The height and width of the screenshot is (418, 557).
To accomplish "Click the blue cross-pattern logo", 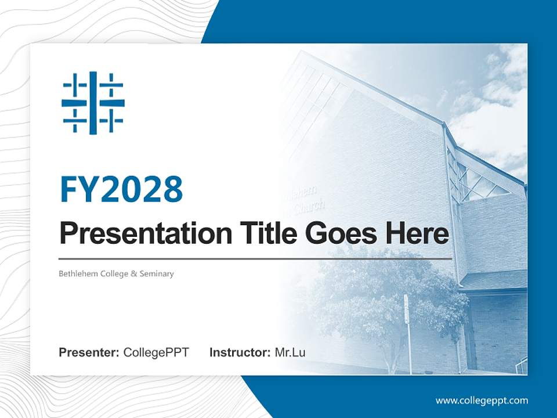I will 93,103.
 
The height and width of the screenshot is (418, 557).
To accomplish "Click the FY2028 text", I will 121,189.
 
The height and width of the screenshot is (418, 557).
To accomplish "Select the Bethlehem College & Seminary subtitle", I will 116,273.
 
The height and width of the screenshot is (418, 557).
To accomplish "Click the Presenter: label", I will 89,352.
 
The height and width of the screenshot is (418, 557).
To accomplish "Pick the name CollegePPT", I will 156,352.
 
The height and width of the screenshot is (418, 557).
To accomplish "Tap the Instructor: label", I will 240,352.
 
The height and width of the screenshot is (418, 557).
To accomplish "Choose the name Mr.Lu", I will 290,352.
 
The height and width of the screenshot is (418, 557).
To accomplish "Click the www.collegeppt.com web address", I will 482,400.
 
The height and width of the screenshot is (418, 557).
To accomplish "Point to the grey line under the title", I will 255,259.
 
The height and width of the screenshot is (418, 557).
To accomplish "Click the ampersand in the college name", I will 133,273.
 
